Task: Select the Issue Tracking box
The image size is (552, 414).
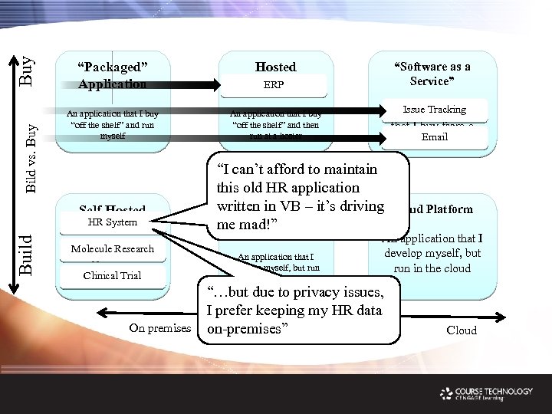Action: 434,110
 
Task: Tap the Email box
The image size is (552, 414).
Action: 434,137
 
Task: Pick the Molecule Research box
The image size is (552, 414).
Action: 112,248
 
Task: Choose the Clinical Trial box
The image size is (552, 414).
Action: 112,275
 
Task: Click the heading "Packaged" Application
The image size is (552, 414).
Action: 113,74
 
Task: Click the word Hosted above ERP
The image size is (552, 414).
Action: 275,67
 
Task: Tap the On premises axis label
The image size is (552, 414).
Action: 159,328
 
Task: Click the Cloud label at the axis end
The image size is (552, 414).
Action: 461,330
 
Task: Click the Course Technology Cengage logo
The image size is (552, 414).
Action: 486,394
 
